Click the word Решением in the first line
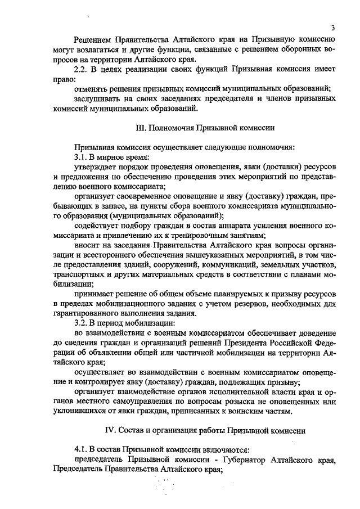[93, 39]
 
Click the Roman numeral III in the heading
[142, 128]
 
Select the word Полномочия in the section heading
[174, 128]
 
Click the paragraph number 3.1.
[82, 157]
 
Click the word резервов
[232, 304]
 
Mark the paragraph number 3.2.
[82, 324]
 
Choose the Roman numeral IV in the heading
[111, 431]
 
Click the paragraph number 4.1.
[82, 451]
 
